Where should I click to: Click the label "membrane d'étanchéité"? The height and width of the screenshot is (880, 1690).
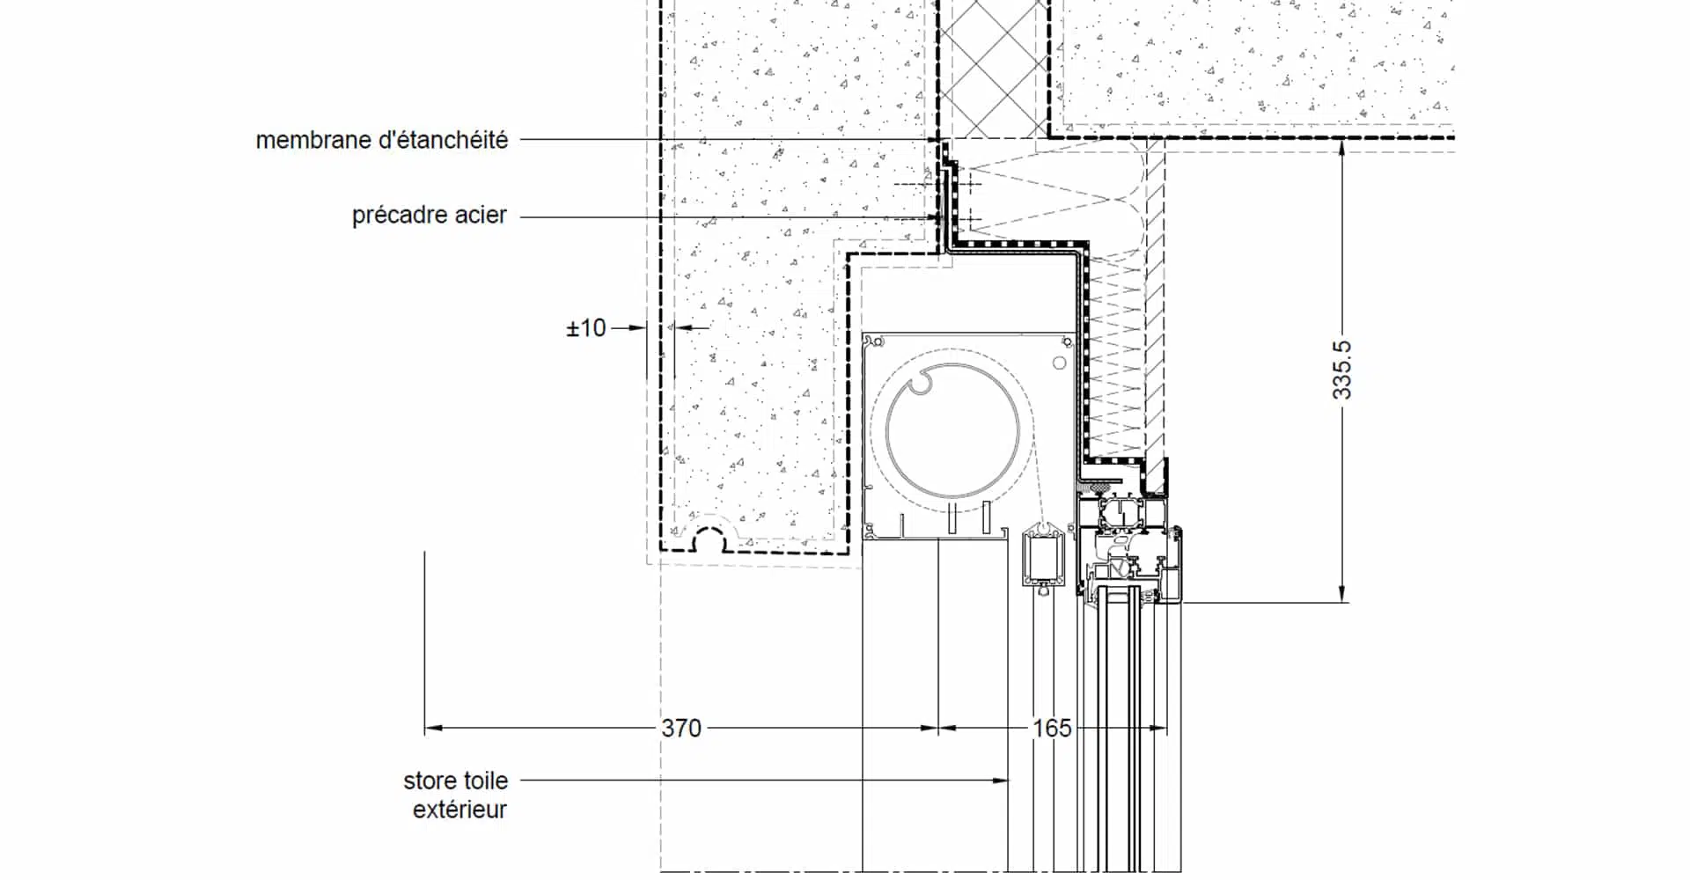click(x=381, y=140)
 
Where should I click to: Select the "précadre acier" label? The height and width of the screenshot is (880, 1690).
click(x=430, y=215)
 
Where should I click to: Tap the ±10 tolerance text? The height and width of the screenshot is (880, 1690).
click(x=586, y=328)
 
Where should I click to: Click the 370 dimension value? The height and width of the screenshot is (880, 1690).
click(x=681, y=729)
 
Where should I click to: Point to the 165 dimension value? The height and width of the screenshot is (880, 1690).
click(x=1052, y=729)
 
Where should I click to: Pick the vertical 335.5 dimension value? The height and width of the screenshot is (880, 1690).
click(x=1341, y=370)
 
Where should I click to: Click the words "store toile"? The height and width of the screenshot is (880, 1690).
click(x=456, y=781)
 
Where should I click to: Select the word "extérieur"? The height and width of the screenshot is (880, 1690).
click(x=459, y=810)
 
